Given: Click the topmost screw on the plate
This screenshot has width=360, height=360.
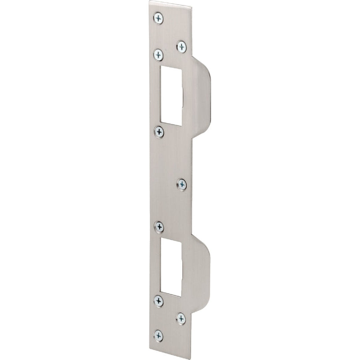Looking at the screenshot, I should click(x=158, y=18).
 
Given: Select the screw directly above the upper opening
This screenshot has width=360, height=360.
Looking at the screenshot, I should click(x=158, y=55).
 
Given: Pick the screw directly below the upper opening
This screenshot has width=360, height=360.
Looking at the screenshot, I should click(x=159, y=131).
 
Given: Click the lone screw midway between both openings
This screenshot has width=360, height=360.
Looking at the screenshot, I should click(x=182, y=184).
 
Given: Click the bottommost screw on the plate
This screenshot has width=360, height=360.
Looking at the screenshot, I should click(x=158, y=335).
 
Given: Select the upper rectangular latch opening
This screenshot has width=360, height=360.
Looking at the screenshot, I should click(x=171, y=93).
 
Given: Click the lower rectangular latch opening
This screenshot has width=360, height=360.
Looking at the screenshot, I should click(x=171, y=265).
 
